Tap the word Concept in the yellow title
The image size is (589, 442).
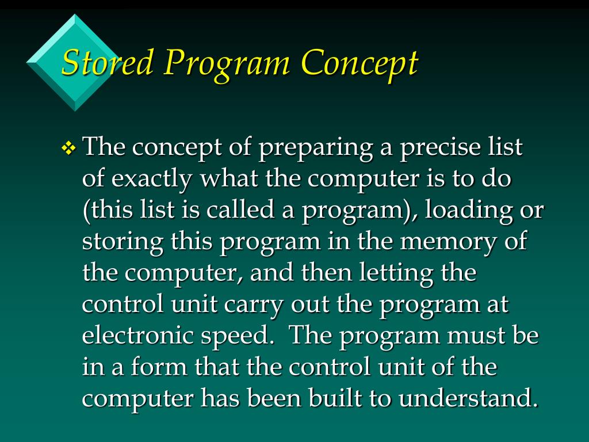click(359, 63)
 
